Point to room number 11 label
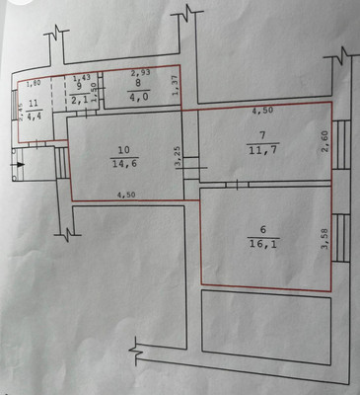[33, 104]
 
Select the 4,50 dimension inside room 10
[125, 195]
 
